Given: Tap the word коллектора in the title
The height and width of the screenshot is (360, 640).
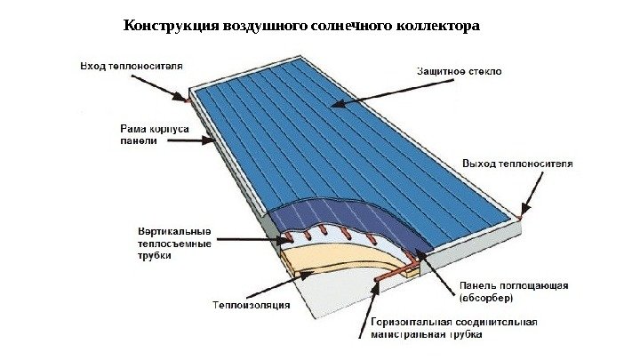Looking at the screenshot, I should [x=435, y=26].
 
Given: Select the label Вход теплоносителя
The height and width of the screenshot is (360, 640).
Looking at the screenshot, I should [x=132, y=67].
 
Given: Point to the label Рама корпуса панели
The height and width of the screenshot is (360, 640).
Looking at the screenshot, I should [x=152, y=134].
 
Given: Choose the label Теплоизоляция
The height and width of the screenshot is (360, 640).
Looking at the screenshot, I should [x=251, y=306].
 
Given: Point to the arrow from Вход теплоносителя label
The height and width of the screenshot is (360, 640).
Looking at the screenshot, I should [x=161, y=85].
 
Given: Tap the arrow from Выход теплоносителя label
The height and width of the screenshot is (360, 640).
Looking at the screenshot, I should [x=531, y=194].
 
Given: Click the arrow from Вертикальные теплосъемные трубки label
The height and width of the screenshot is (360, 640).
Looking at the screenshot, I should [x=250, y=238].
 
